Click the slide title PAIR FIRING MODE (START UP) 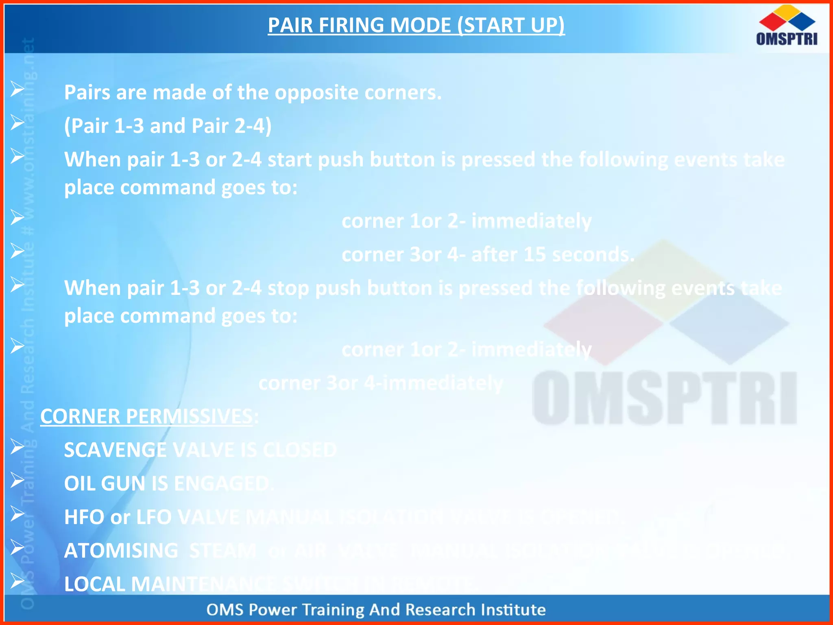[x=416, y=25]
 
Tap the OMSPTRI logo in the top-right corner [x=787, y=26]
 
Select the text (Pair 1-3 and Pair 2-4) [x=168, y=126]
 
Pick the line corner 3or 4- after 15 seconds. [x=488, y=255]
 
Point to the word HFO [x=84, y=517]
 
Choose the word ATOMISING [x=121, y=551]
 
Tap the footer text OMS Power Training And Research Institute [x=376, y=610]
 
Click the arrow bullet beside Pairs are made [x=17, y=88]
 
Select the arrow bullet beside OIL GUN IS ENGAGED [x=17, y=480]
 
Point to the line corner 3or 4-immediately [x=381, y=383]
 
